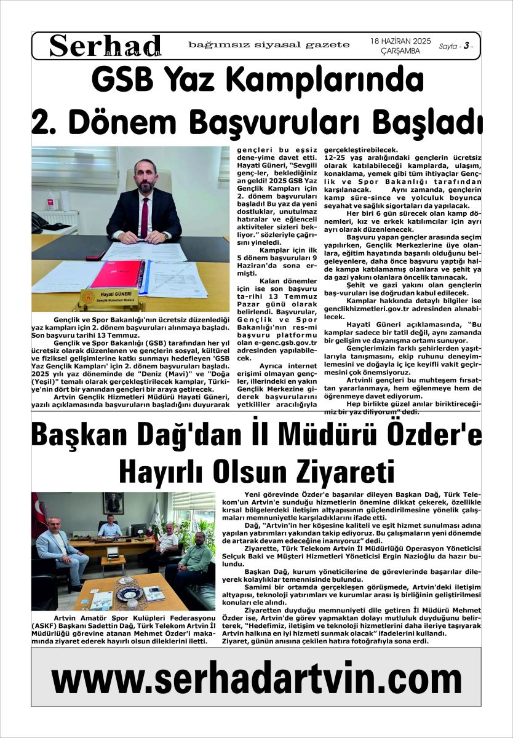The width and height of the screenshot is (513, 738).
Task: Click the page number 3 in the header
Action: (467, 46)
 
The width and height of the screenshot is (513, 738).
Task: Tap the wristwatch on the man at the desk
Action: (167, 235)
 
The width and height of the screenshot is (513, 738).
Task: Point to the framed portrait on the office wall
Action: (113, 503)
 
